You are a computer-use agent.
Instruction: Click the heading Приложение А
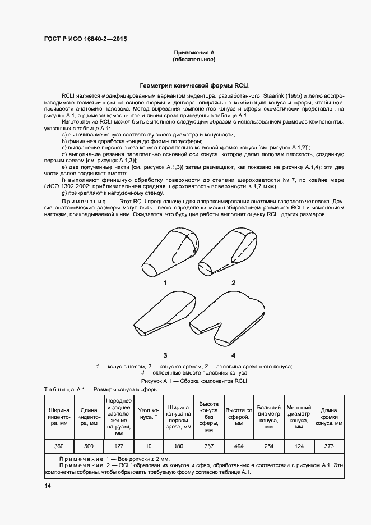[x=194, y=52]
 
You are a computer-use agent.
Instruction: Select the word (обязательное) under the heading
[x=194, y=59]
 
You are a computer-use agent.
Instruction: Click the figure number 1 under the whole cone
[x=165, y=283]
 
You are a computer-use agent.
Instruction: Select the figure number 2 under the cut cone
[x=233, y=283]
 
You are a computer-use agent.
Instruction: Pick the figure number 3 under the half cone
[x=165, y=355]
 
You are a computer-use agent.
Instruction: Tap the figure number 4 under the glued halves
[x=233, y=355]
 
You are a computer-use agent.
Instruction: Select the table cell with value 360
[x=59, y=446]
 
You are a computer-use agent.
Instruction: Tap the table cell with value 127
[x=118, y=446]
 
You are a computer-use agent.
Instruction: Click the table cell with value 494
[x=239, y=446]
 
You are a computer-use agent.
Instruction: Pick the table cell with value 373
[x=329, y=446]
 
